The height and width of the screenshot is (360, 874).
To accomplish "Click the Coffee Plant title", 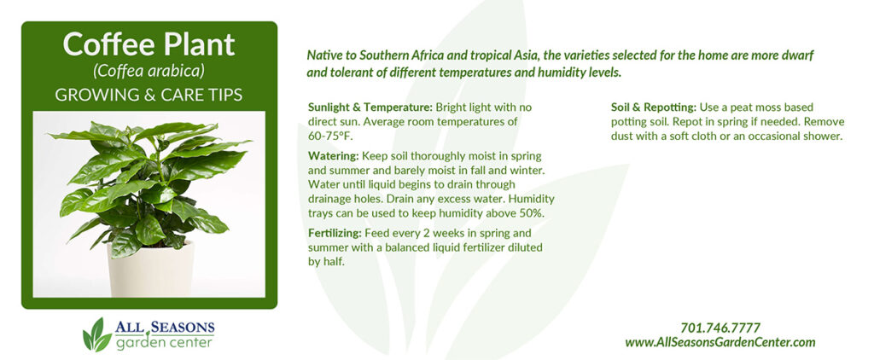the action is pos(149,44).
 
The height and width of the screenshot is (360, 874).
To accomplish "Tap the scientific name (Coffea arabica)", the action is pos(149,72).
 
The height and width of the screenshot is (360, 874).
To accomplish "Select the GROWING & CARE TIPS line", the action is pos(149,95).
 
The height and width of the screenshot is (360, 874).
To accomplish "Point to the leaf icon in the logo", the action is pos(96,334).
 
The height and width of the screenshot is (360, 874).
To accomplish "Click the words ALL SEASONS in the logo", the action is pos(165,327).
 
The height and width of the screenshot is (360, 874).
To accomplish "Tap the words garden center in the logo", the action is pos(165,342).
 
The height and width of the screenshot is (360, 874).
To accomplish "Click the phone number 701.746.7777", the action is pos(720,328).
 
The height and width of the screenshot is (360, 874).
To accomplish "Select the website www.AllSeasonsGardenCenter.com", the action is pos(720,342).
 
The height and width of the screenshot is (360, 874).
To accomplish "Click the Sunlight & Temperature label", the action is pos(370,107).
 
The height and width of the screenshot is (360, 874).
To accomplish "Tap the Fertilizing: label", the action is pos(335,232).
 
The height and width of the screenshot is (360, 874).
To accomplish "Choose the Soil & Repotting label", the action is pos(653,107).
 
